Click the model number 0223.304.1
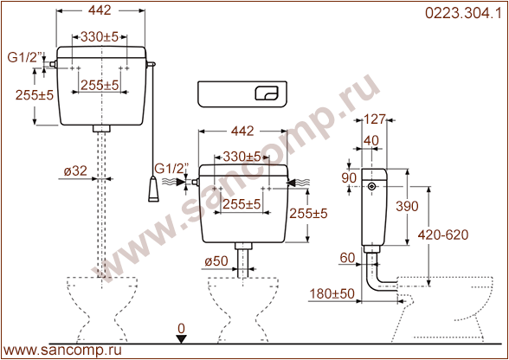463,13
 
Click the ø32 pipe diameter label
75,170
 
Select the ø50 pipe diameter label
216,261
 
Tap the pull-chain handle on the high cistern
153,189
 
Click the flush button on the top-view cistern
267,93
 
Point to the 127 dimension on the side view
374,119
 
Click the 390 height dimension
407,206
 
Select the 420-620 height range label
443,235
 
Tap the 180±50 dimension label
332,293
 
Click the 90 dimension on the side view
349,178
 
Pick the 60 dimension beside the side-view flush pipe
347,258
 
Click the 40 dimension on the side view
371,140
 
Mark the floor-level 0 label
181,329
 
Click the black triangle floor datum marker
181,339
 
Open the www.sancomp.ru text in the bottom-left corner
62,350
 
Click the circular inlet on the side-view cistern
372,186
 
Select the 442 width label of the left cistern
100,10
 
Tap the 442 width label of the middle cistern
242,132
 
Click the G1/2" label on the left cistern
25,57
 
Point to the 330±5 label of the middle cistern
242,157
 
